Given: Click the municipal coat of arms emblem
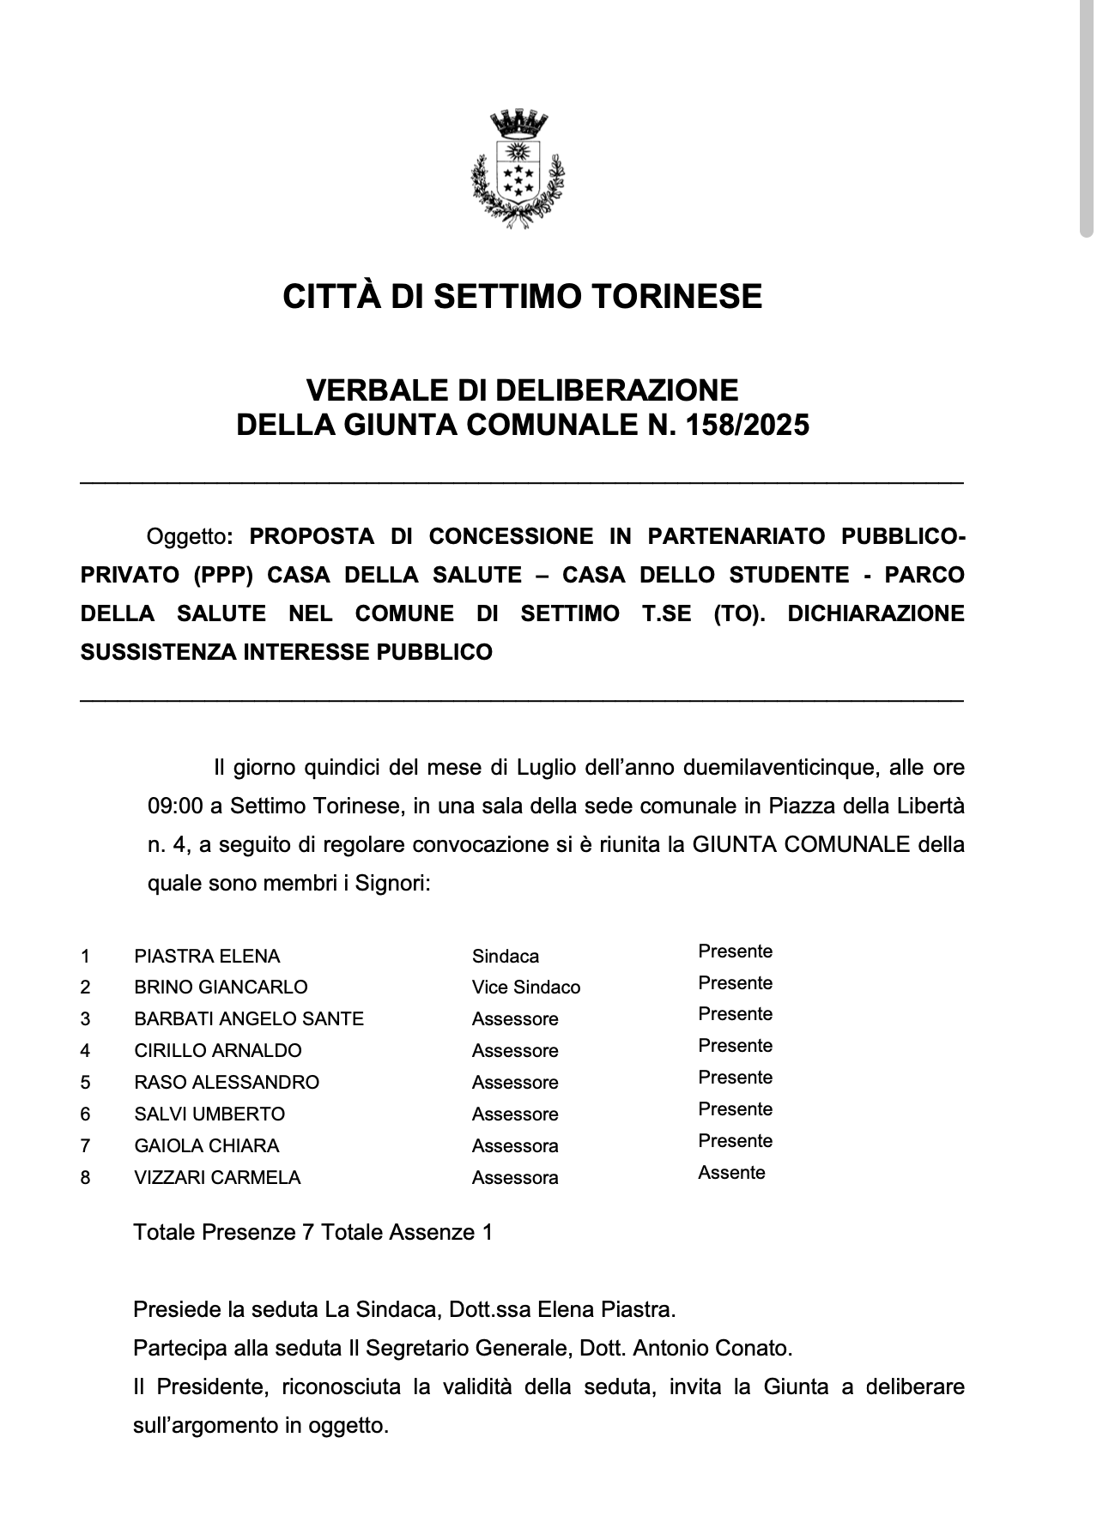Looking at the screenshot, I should pos(518,167).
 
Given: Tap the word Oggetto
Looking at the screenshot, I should pos(185,537).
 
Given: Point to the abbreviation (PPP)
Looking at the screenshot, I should pos(224,575).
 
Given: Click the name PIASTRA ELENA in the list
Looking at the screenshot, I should pos(207,956).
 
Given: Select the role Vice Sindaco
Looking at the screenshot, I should pos(525,987).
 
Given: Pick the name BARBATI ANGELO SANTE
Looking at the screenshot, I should pos(249,1019).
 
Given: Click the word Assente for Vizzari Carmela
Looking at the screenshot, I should pos(731,1173).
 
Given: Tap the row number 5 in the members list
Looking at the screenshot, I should pos(85,1083).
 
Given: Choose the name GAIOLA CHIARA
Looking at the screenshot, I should pos(206,1146).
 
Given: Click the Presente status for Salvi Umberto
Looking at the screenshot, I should pos(735,1109).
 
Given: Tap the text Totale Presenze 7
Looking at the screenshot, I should pos(223,1233).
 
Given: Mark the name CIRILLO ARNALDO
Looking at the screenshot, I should pos(217,1051).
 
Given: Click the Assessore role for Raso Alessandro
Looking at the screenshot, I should pos(514,1083).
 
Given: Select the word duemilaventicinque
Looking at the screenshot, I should pos(781,767).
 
